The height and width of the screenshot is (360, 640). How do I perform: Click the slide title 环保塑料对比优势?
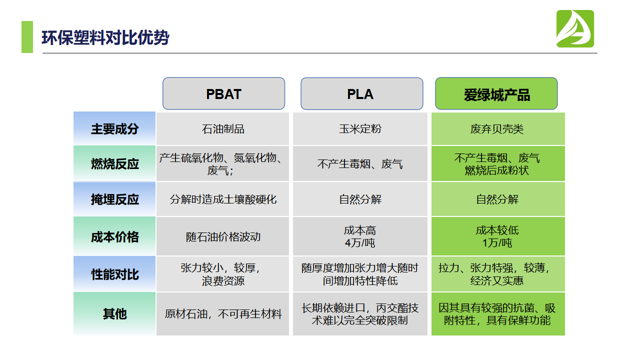[105, 37]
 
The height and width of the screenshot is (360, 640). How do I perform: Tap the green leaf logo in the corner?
[575, 29]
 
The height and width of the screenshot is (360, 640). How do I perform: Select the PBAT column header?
[223, 94]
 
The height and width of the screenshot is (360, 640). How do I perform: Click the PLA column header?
[361, 94]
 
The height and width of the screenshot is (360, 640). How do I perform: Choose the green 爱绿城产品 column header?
[496, 94]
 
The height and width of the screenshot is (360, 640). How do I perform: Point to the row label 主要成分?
[114, 129]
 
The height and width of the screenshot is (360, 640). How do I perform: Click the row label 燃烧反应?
[114, 164]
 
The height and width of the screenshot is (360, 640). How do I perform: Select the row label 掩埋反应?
[114, 199]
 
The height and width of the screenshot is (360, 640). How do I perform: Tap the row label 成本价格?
[114, 237]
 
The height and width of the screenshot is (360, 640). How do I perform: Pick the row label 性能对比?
[114, 274]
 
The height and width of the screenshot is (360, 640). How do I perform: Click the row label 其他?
[114, 314]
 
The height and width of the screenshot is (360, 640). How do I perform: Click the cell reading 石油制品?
[223, 129]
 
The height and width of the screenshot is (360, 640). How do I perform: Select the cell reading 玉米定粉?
[360, 129]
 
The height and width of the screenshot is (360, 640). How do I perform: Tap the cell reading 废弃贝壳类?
[497, 129]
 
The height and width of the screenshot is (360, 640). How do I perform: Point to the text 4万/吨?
[360, 243]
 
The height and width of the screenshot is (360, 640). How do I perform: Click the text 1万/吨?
[497, 243]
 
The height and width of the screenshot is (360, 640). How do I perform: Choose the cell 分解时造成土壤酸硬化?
[223, 199]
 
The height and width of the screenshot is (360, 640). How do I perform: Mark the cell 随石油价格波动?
[223, 237]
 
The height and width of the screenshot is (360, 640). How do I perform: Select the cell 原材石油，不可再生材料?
[223, 314]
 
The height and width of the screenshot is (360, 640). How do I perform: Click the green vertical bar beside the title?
[27, 36]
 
